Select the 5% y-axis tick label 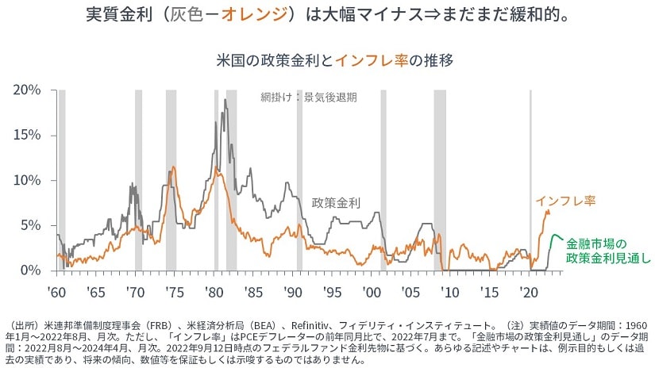(x=30, y=225)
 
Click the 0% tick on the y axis (x=30, y=270)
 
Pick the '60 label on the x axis (x=56, y=292)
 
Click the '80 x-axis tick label (x=214, y=292)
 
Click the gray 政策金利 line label (x=335, y=203)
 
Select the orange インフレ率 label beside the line (x=565, y=200)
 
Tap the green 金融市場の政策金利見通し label (x=608, y=251)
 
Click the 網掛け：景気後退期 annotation (x=308, y=98)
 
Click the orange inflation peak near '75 (x=173, y=167)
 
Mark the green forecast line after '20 (x=557, y=237)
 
